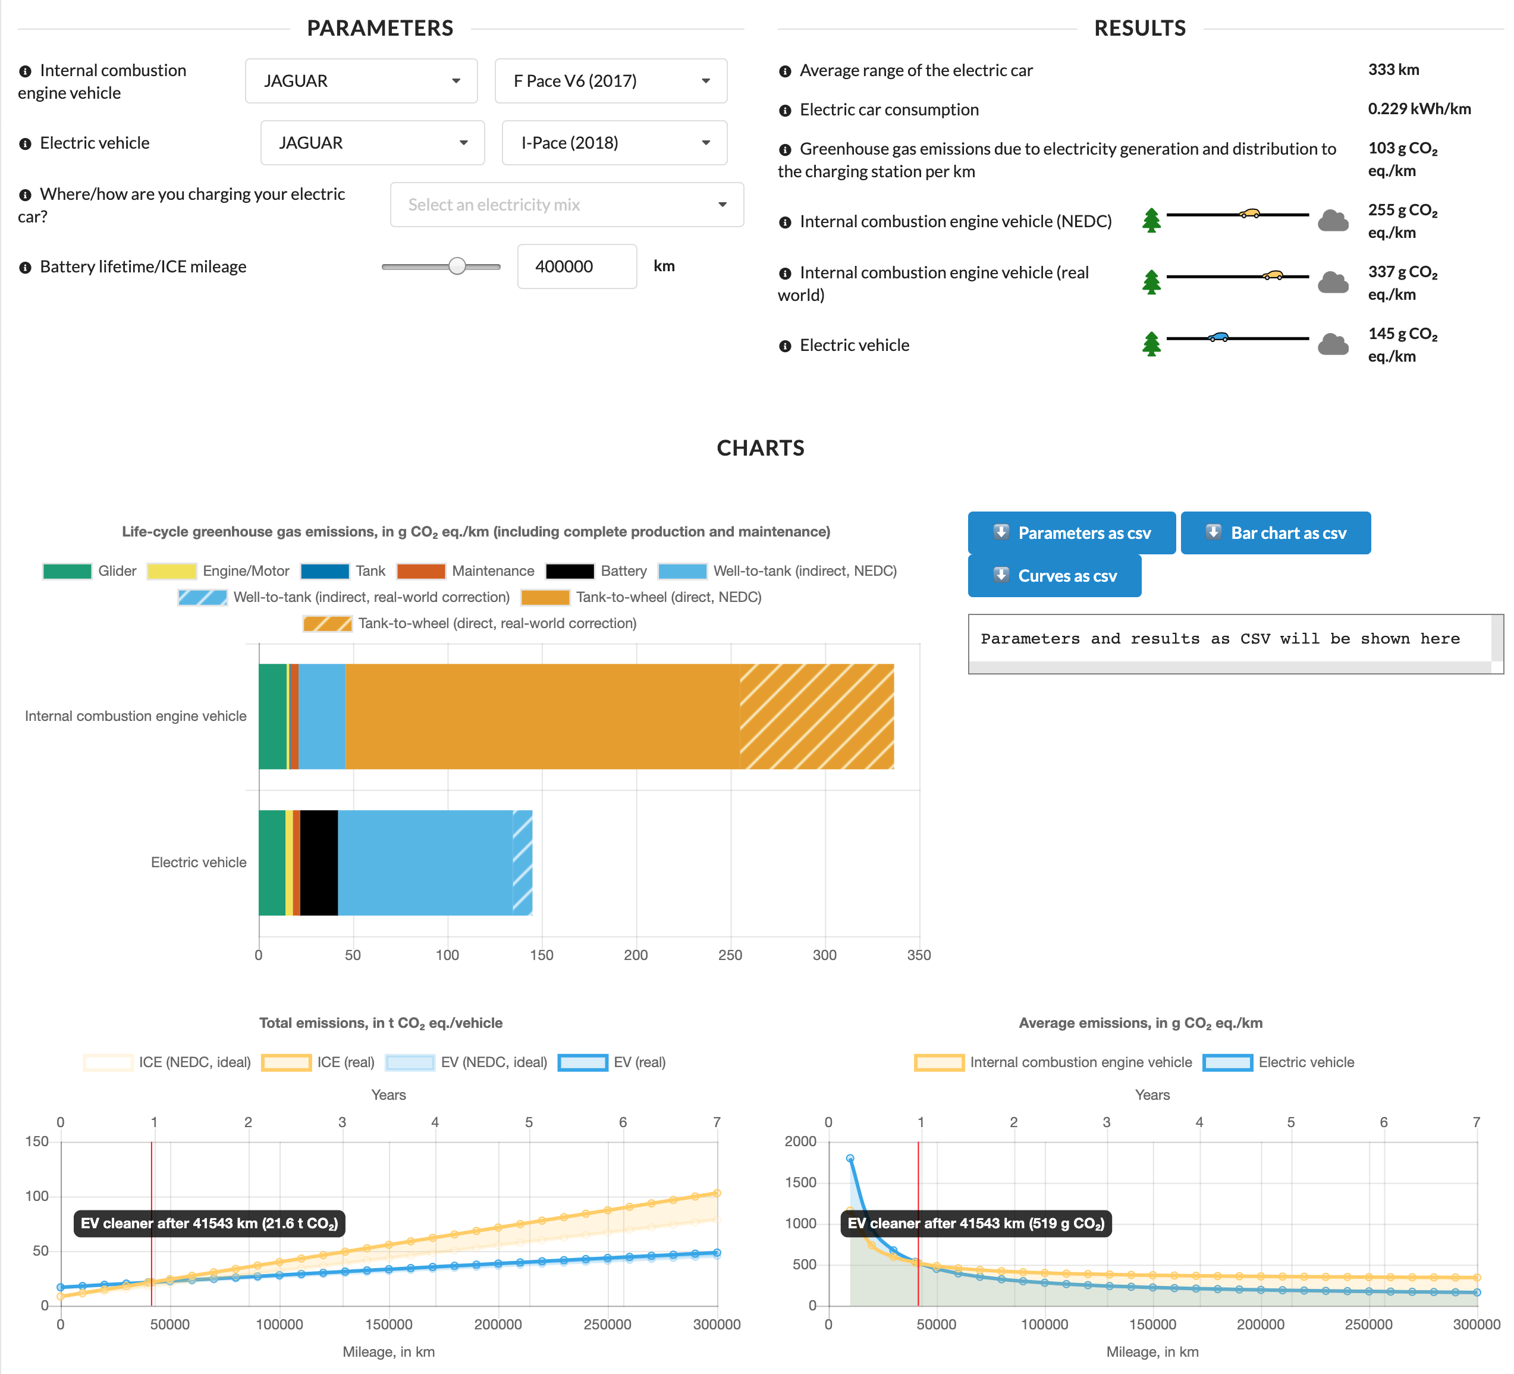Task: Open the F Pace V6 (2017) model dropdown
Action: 611,81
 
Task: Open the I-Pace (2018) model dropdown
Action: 614,143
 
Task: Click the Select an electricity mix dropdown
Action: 566,205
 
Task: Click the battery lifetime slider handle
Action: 457,266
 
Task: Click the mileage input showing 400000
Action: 576,266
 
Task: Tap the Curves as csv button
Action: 1054,576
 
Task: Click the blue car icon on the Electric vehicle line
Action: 1218,337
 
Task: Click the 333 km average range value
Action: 1393,70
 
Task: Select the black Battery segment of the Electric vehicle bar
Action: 319,862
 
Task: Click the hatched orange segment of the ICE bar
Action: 816,716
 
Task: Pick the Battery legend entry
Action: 596,571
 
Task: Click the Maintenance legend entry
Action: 466,571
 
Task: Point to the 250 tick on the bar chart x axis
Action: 730,955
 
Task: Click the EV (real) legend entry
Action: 612,1062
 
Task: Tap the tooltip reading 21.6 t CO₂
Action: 209,1223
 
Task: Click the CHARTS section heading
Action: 760,448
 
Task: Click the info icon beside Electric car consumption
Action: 785,111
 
